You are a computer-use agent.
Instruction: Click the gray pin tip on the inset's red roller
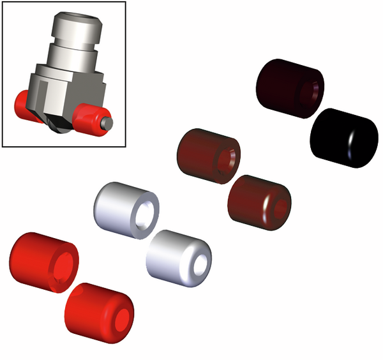(109, 119)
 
